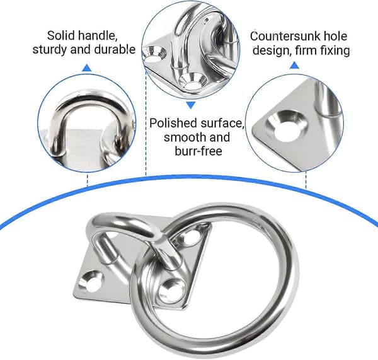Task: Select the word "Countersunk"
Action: click(x=284, y=37)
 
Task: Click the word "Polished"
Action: click(x=173, y=123)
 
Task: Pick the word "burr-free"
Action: click(x=198, y=151)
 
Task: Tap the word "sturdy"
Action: click(x=50, y=50)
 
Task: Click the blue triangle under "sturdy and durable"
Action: click(x=87, y=68)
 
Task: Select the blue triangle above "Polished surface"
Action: click(x=191, y=105)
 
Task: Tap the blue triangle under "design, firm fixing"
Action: click(x=294, y=65)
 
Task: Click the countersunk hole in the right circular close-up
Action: click(x=287, y=125)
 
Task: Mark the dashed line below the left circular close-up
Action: click(x=88, y=179)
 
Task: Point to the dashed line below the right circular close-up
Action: click(x=306, y=180)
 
